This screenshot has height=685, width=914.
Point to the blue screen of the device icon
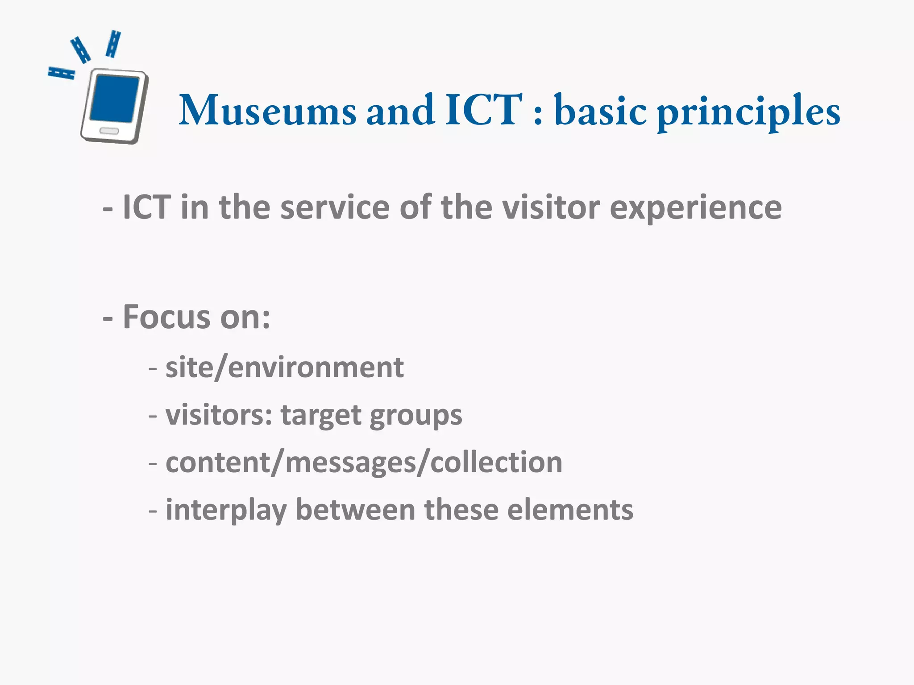click(x=115, y=99)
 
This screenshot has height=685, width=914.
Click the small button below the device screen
click(x=109, y=131)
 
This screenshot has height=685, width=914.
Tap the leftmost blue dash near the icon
click(x=61, y=73)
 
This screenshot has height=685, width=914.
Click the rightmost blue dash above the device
click(x=113, y=44)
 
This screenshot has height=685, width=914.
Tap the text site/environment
click(x=284, y=367)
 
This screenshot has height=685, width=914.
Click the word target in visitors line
click(x=320, y=416)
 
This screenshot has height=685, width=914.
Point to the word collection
click(x=496, y=462)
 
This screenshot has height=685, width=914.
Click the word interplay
click(x=226, y=510)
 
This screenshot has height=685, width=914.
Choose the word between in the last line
click(x=355, y=510)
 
